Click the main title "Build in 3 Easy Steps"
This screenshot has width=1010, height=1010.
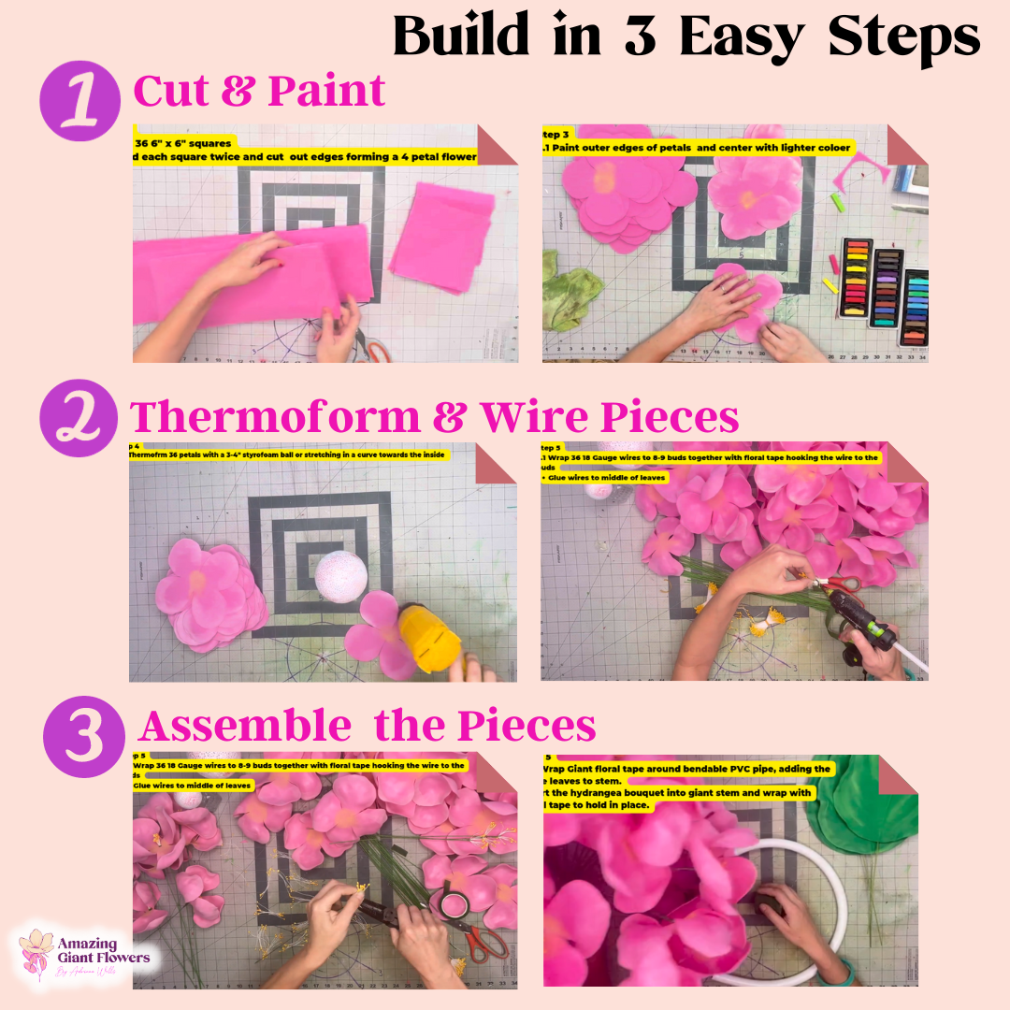686,37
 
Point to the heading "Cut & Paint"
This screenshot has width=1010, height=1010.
259,92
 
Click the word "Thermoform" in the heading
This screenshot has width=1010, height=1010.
275,417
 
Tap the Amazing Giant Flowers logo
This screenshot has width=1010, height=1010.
84,950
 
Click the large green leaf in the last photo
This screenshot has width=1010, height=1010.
860,804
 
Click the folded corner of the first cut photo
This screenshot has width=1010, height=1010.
499,144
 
